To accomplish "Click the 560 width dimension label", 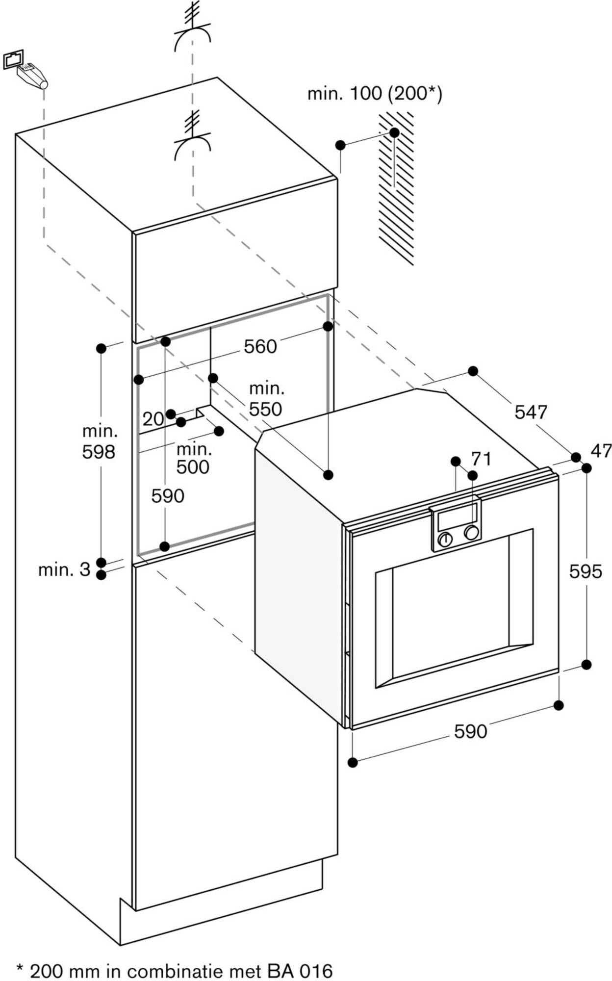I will tap(260, 347).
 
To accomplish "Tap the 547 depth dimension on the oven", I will tap(531, 412).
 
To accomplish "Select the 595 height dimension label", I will tap(585, 571).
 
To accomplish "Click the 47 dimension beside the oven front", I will tap(601, 450).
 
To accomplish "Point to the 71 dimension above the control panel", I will tap(481, 459).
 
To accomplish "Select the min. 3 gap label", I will tap(64, 569).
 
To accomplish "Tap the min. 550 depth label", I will tap(266, 399).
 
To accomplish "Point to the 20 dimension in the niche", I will tap(153, 419).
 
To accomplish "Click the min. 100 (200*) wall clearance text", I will tap(375, 93).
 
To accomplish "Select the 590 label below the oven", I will tap(470, 731).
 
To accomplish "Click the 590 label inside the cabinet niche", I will tap(168, 496).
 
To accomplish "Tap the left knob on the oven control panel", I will tap(445, 539).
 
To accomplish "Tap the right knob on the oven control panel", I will tap(472, 533).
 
